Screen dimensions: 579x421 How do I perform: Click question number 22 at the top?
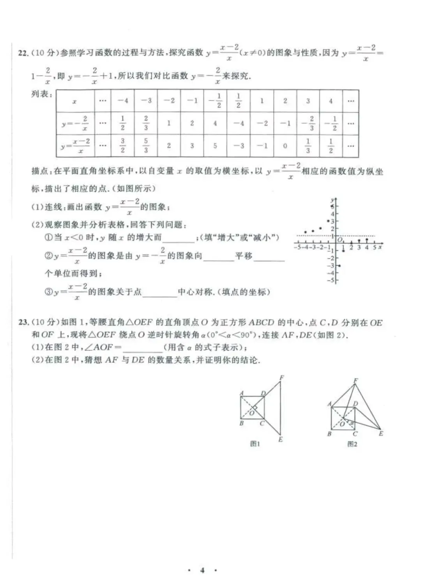click(23, 53)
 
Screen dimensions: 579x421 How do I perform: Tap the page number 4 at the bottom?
click(202, 570)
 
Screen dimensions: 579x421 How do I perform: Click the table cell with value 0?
click(285, 146)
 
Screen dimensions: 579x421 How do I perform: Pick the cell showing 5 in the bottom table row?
click(215, 146)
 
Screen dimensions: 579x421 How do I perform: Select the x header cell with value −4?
click(123, 101)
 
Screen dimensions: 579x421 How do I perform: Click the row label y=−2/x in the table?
click(75, 123)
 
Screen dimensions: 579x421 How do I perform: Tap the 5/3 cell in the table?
click(146, 146)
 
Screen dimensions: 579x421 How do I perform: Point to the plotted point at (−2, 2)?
click(321, 228)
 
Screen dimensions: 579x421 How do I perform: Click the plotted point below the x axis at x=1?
click(343, 250)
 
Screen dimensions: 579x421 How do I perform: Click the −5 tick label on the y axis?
click(331, 280)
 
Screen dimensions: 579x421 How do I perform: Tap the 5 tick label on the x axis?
click(374, 247)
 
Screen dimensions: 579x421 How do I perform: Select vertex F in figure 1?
click(281, 377)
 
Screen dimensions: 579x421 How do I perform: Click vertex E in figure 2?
click(381, 433)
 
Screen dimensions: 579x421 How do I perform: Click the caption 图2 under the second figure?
click(352, 444)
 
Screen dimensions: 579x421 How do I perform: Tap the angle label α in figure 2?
click(352, 423)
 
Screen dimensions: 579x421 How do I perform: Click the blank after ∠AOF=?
click(143, 347)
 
